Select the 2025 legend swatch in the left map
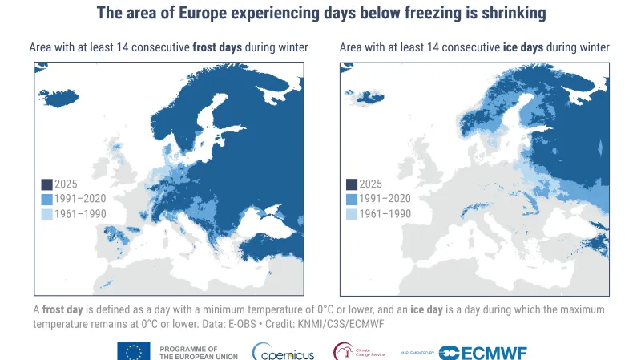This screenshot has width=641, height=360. click(46, 184)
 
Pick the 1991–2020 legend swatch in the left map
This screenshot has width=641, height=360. click(46, 199)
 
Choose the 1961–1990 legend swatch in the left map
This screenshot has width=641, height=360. click(46, 214)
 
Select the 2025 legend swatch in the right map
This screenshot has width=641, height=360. click(351, 184)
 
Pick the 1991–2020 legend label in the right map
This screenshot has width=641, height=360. click(385, 199)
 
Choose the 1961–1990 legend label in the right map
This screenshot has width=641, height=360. click(385, 214)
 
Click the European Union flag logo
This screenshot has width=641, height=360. click(133, 351)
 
